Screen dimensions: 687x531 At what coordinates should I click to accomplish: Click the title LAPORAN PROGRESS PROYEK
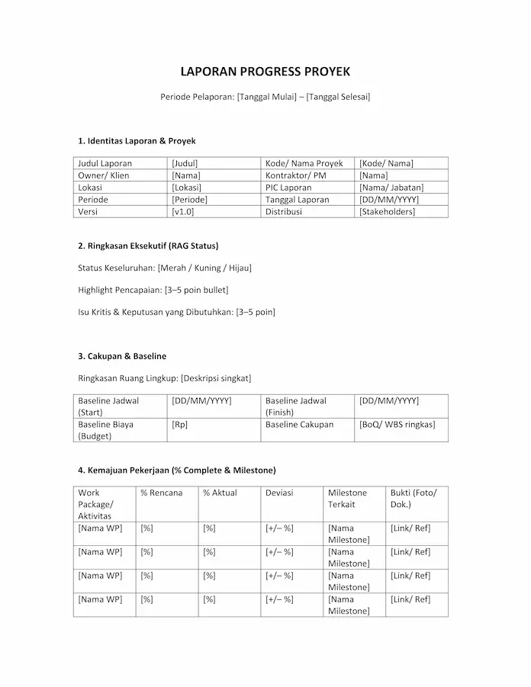click(265, 72)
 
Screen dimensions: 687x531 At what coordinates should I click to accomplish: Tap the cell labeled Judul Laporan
click(105, 163)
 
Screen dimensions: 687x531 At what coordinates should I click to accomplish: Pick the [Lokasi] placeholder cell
click(187, 188)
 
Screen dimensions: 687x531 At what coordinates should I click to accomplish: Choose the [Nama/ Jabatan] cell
click(391, 188)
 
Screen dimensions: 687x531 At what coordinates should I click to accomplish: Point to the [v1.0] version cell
click(183, 212)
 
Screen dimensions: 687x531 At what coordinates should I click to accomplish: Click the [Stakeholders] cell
click(387, 212)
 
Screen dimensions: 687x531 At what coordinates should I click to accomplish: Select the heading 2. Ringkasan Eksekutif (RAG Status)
click(148, 246)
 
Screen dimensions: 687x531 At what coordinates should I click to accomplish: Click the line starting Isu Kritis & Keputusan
click(176, 312)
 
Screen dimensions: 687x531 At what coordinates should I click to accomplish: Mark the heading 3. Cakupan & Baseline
click(122, 356)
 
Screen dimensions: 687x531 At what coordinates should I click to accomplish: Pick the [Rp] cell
click(179, 425)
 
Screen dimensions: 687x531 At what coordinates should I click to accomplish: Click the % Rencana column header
click(162, 493)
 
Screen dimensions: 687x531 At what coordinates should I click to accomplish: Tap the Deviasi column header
click(279, 493)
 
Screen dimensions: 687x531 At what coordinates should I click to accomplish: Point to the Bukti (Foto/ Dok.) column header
click(414, 498)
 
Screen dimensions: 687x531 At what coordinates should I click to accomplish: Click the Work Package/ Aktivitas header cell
click(95, 504)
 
